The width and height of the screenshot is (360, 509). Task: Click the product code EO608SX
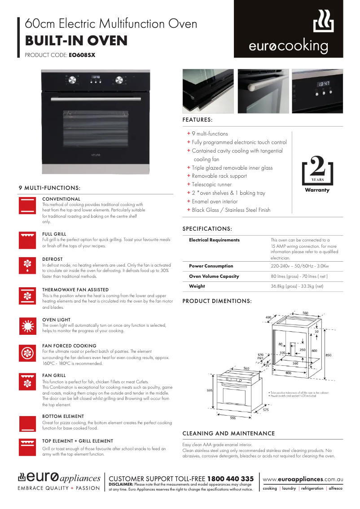[82, 56]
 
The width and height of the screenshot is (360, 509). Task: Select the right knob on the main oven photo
[119, 80]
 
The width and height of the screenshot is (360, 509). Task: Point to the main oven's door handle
[96, 98]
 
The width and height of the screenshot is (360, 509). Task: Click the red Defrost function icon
[27, 265]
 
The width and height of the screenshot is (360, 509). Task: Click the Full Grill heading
[54, 234]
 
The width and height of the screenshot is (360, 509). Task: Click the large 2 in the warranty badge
[317, 167]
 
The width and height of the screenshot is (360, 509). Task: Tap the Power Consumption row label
[211, 266]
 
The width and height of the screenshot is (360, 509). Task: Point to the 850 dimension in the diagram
[328, 355]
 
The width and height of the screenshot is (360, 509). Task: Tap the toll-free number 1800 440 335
[230, 479]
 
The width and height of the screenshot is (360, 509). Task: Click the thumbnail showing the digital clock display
[317, 91]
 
